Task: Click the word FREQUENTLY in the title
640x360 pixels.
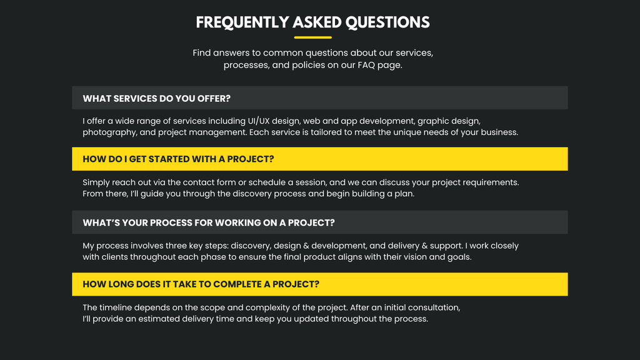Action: tap(242, 23)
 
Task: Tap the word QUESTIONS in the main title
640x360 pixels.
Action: tap(387, 23)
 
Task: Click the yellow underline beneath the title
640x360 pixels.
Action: tap(312, 37)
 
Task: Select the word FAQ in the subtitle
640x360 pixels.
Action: tap(366, 65)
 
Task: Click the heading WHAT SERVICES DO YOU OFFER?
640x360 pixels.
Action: tap(156, 98)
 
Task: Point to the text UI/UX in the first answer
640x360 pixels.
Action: tap(258, 121)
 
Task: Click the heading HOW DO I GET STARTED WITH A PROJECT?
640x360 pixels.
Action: tap(178, 159)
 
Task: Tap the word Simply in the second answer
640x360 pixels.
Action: tap(96, 183)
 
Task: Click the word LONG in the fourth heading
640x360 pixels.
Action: tap(121, 284)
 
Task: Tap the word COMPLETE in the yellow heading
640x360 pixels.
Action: tap(237, 284)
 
